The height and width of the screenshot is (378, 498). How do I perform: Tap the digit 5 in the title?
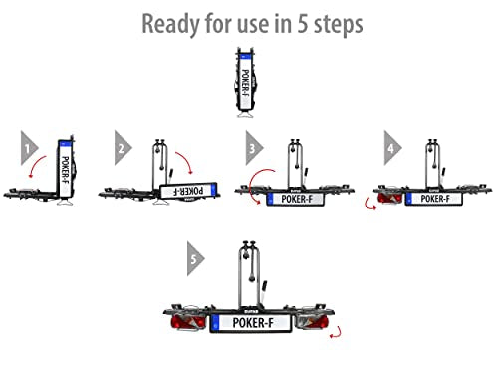coord(302,24)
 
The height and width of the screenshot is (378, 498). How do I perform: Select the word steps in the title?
coord(338,25)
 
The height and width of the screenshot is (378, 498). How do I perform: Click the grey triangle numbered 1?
coord(29,148)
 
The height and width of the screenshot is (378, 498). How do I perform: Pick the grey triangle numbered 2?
coord(123,148)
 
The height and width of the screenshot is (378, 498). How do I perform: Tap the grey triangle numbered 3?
coord(254,148)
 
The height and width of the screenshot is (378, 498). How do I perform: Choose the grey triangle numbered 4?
coord(392,148)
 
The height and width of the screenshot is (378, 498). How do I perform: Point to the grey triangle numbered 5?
coord(195,258)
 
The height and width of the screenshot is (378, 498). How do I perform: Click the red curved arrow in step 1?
coord(36,164)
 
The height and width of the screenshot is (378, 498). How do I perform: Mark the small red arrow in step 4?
coord(369,205)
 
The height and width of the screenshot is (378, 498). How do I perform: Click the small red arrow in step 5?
coord(338,333)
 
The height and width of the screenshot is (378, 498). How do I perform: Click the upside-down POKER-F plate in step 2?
coord(188,191)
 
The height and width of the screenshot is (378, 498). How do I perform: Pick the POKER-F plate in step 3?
coord(295,199)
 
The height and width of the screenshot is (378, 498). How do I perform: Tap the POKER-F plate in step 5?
coord(251,323)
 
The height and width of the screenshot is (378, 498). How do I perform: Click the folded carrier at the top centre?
coord(246,83)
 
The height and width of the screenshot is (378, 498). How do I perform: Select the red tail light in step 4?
coord(390,198)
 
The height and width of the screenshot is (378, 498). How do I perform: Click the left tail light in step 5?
coord(188,321)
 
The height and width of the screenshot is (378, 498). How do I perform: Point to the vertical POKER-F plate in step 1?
coord(65,169)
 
